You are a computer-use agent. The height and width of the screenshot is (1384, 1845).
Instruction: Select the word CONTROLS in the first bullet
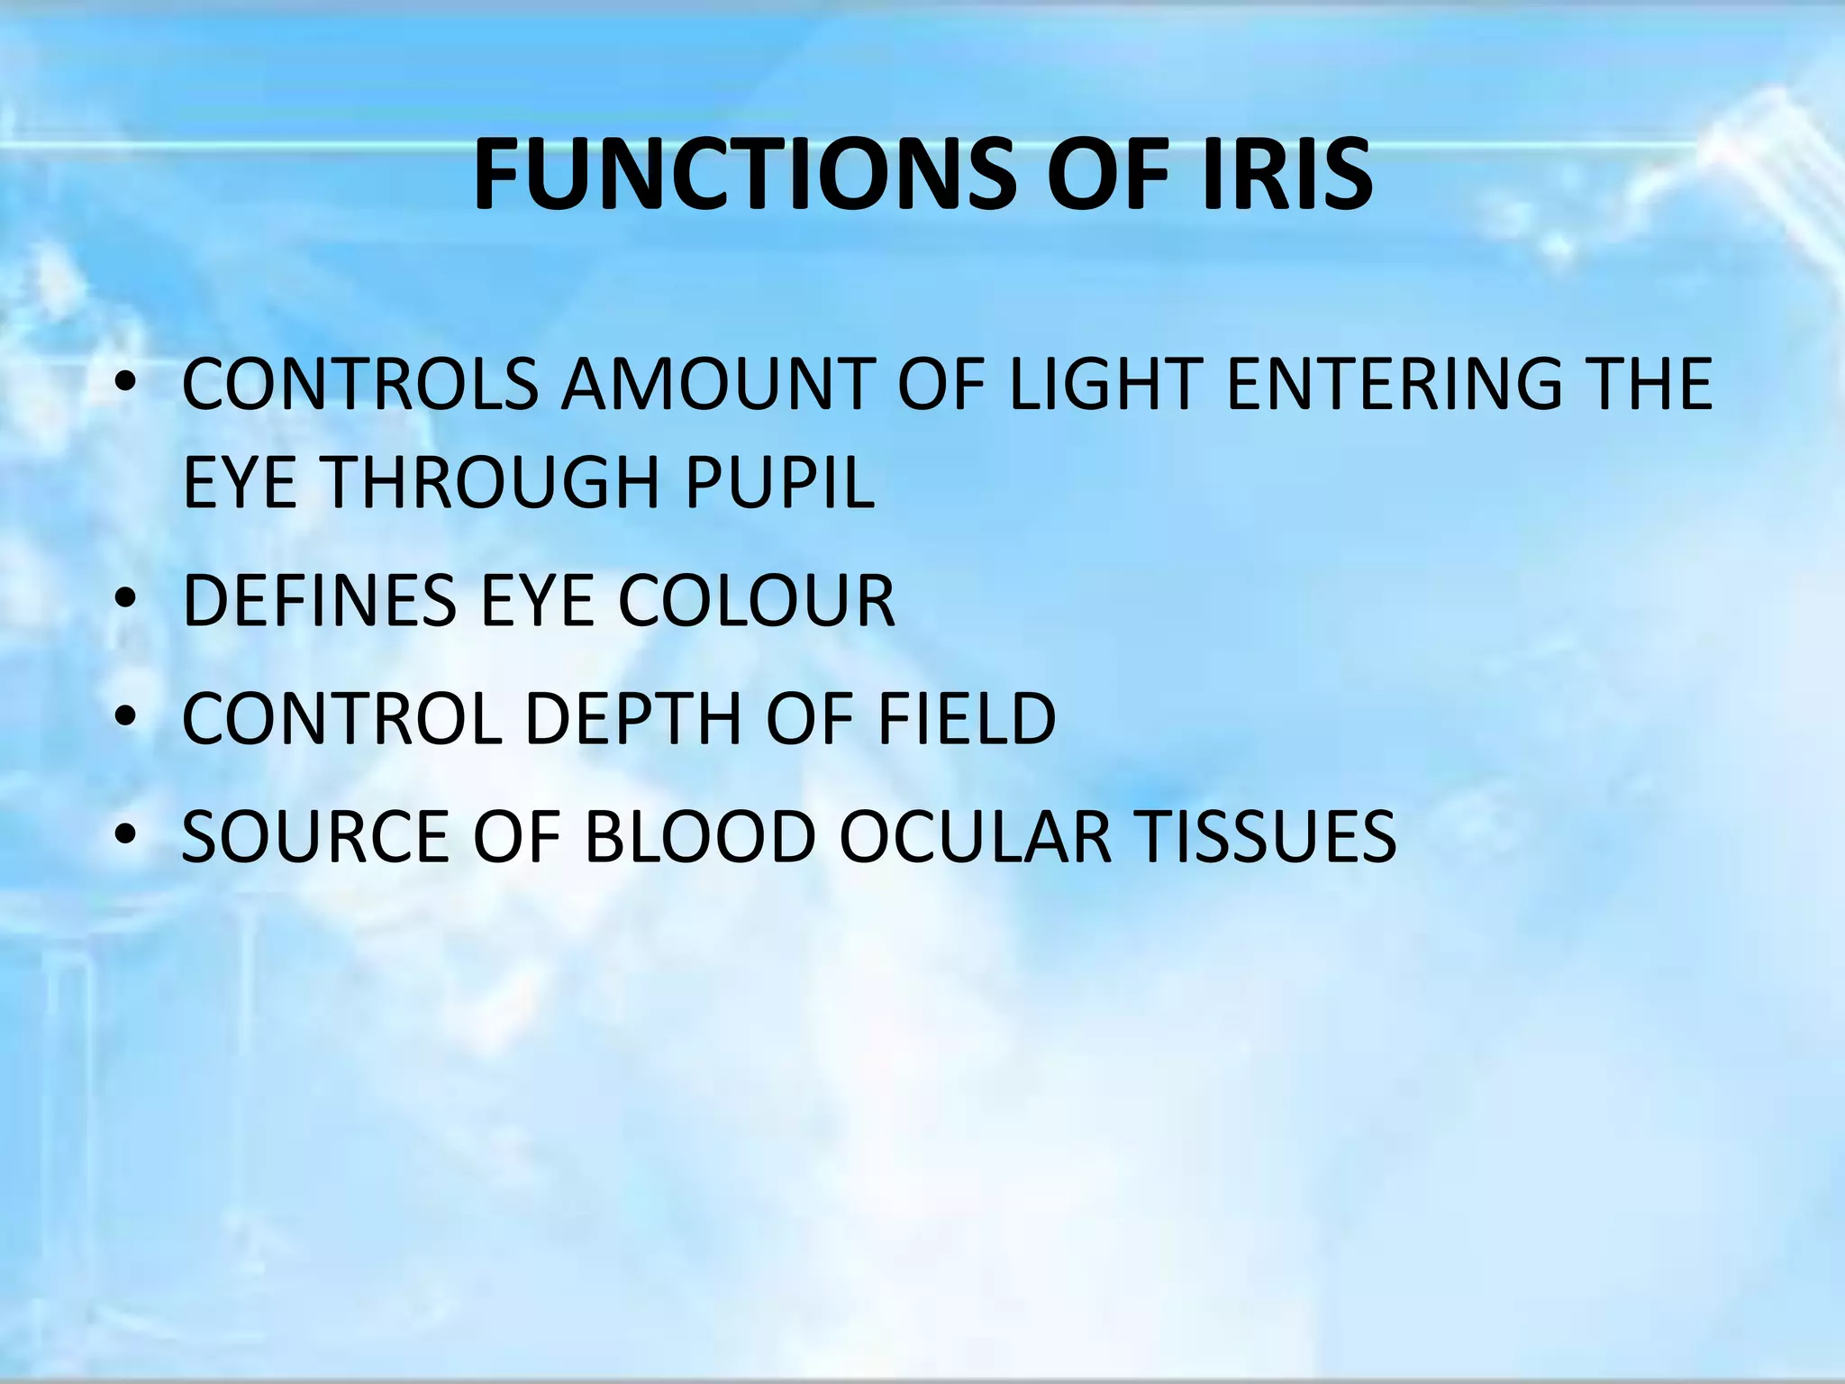[359, 385]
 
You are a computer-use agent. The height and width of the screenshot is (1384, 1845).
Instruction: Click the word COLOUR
[756, 601]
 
